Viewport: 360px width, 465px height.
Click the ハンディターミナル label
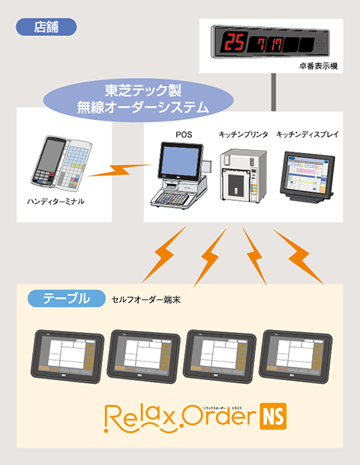point(56,202)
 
